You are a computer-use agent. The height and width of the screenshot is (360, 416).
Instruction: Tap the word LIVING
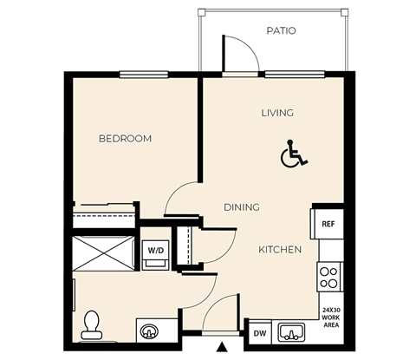click(x=277, y=113)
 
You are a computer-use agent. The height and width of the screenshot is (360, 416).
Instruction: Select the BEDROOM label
click(x=125, y=139)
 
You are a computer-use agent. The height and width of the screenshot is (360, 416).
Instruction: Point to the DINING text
click(x=242, y=207)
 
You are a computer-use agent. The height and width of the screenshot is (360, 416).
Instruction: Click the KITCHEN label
click(x=280, y=250)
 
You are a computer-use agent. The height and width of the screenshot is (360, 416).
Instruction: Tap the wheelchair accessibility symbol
click(x=294, y=155)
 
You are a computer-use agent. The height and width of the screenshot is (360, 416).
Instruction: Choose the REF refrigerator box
click(x=328, y=224)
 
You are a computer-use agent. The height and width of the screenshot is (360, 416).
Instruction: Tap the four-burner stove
click(x=329, y=277)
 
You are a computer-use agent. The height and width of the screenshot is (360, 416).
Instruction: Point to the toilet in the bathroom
click(x=92, y=324)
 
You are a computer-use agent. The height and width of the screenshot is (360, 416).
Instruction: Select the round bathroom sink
click(x=149, y=331)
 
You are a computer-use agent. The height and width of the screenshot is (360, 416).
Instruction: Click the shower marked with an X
click(x=104, y=252)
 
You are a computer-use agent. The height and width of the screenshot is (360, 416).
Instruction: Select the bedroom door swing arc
click(x=180, y=200)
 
